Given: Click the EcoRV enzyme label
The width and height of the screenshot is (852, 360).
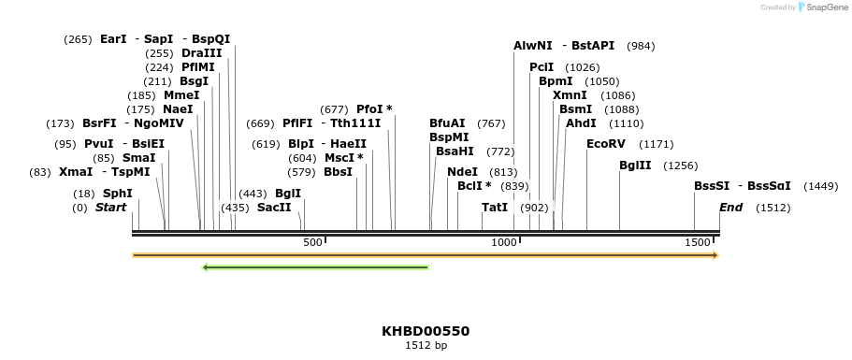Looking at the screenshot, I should point(605,144).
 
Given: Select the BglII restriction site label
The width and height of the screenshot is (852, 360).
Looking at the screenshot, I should point(635,166).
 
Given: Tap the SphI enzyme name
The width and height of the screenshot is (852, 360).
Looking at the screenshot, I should point(118,193).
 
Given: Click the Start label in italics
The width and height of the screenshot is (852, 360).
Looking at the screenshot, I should point(110,208).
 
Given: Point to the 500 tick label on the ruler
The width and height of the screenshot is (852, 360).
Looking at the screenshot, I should point(312,243).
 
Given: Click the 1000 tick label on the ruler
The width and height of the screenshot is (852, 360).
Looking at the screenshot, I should point(504,243).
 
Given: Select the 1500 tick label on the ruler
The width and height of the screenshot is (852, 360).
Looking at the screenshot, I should point(699,243).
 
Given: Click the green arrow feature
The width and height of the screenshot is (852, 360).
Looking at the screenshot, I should point(315,267).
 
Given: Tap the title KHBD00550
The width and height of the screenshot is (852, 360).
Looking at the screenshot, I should point(426,331).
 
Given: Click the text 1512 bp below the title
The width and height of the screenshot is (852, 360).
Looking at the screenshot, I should point(426,346).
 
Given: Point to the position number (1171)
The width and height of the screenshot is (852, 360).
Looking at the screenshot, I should point(656,144).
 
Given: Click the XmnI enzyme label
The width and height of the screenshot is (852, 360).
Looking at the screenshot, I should point(570,95).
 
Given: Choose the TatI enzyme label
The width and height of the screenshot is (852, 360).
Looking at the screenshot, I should point(495,208).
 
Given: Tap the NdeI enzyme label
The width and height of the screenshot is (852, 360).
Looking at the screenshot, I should point(462,172).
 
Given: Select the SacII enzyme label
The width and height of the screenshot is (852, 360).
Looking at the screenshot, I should point(274,208).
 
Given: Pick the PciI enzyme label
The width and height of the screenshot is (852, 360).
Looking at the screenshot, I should point(542,67).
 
